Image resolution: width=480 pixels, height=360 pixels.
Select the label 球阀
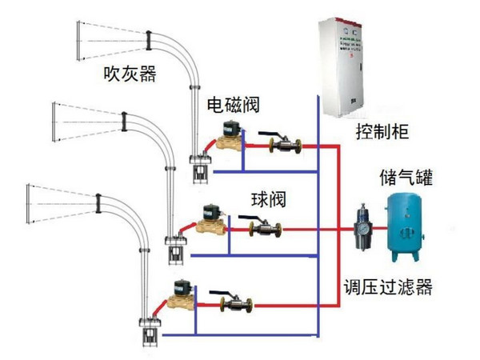click(268, 198)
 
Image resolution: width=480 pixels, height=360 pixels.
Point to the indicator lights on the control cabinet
click(349, 37)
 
